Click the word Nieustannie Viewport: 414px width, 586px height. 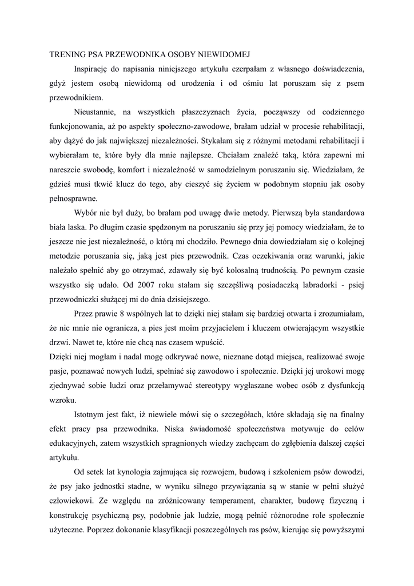(98, 112)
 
